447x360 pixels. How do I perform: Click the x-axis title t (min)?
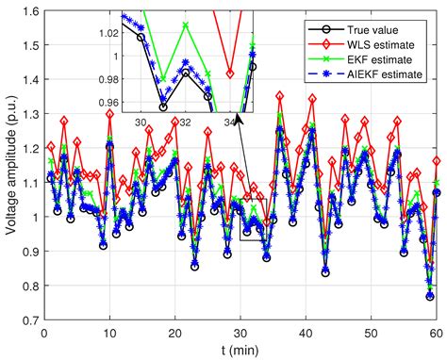238,350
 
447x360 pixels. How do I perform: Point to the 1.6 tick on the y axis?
29,11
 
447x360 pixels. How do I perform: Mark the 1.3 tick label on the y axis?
29,114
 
